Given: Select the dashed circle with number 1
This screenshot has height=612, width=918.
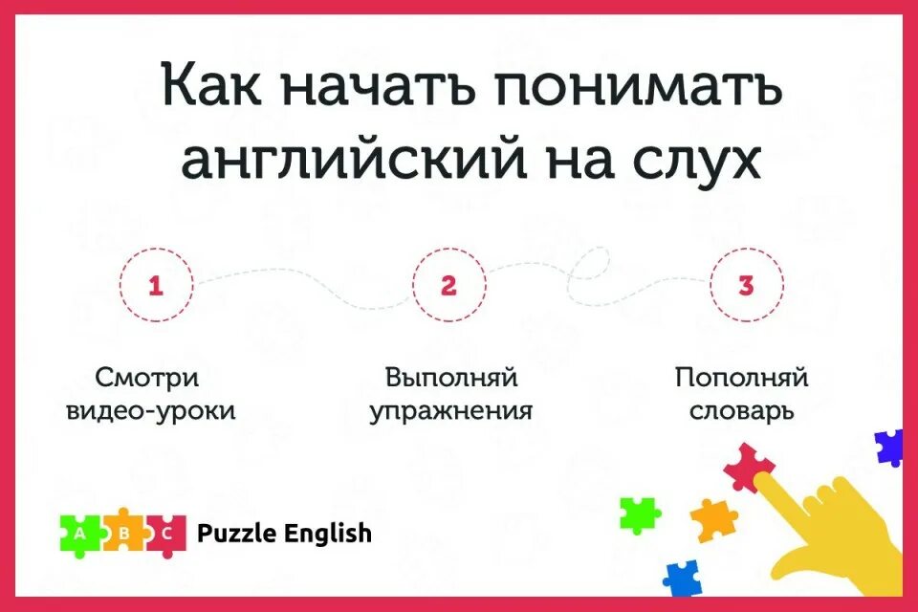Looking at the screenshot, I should click(157, 285).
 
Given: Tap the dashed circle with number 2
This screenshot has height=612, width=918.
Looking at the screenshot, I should click(448, 285).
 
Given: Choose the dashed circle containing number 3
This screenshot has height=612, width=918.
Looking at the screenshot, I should click(746, 285).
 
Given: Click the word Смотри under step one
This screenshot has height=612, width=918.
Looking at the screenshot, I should click(147, 377).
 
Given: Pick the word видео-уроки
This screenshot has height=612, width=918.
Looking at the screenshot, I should click(151, 412).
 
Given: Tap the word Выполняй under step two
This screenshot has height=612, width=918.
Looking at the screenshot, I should click(451, 377).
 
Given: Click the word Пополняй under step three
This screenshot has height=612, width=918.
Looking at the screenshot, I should click(741, 377).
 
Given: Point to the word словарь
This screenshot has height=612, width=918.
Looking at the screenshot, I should click(743, 412).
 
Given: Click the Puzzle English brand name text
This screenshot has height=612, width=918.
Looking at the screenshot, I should click(284, 534).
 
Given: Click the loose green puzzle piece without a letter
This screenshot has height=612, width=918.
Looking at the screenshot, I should click(639, 514).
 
